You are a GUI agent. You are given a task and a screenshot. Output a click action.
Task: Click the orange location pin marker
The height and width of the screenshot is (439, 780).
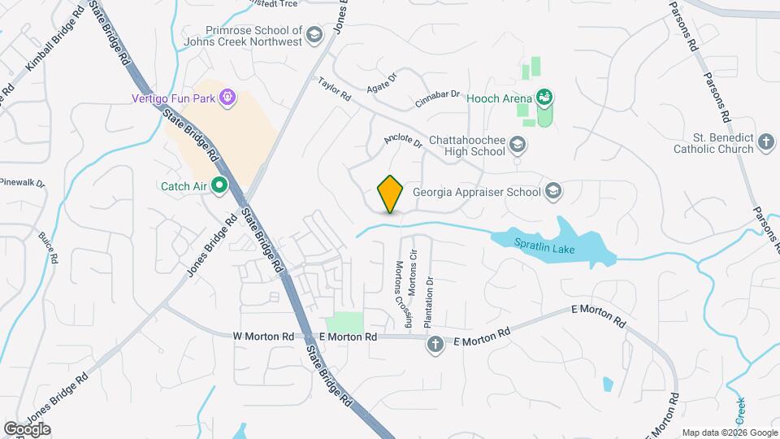[x=391, y=193]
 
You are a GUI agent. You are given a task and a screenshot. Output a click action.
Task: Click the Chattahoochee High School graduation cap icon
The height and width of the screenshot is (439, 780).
[x=518, y=146]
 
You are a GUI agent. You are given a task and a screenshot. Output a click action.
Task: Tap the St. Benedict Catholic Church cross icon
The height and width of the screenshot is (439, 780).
[x=765, y=143]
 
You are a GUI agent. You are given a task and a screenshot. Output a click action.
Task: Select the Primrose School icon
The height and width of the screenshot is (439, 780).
[x=314, y=35]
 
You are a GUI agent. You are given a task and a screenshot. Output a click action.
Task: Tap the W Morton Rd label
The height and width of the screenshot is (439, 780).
[x=263, y=336]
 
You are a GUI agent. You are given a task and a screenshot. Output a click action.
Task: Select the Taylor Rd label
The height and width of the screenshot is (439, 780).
[x=334, y=89]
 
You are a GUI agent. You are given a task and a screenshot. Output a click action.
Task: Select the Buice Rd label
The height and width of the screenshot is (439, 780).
[x=48, y=249]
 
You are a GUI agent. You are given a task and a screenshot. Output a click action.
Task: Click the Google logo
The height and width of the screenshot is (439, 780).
[x=27, y=428]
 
